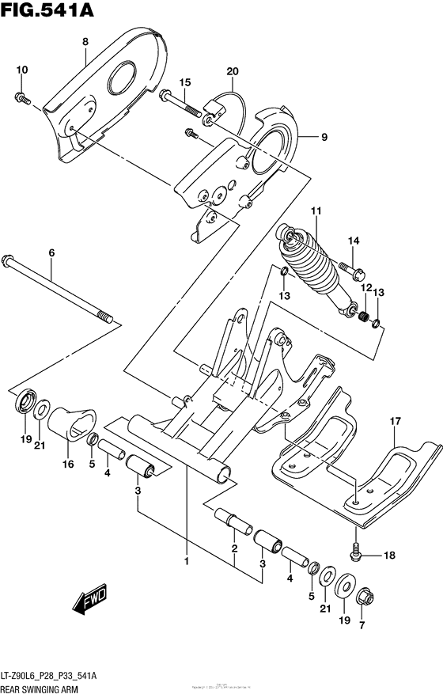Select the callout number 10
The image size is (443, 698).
click(21, 70)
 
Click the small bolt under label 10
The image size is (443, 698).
click(21, 98)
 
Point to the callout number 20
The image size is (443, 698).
click(231, 72)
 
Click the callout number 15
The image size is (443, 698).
click(185, 82)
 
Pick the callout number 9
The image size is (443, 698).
click(324, 138)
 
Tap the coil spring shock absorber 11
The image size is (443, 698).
click(312, 269)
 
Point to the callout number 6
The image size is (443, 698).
click(51, 253)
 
